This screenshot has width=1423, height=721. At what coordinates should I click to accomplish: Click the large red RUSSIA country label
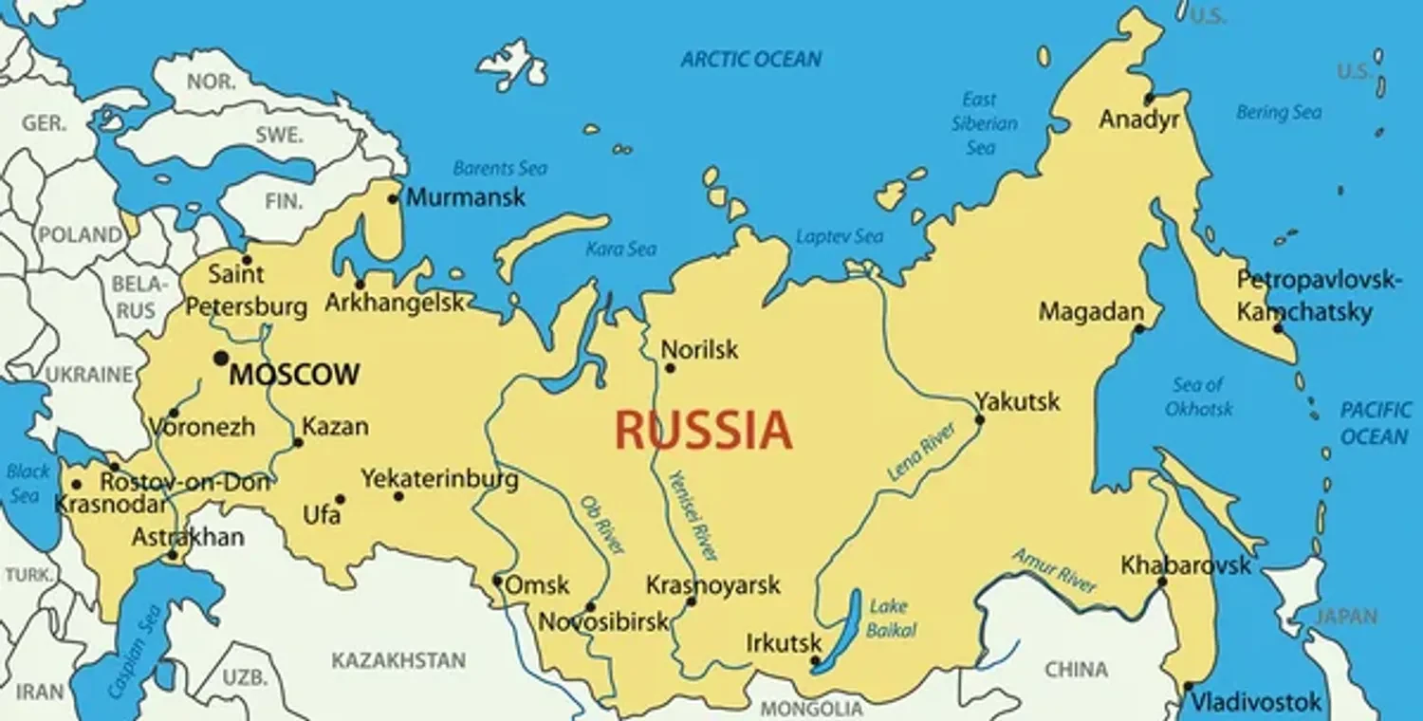[x=703, y=431]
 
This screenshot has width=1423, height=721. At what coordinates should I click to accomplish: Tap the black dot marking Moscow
[x=221, y=358]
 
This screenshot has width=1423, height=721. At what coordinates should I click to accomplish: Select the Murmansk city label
[x=465, y=197]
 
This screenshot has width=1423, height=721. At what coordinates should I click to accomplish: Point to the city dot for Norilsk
[x=670, y=367]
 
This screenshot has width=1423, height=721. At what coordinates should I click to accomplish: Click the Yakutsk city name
[x=1017, y=400]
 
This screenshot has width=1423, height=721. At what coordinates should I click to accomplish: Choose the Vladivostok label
[x=1255, y=703]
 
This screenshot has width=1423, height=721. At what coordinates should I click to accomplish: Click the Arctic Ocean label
[x=751, y=60]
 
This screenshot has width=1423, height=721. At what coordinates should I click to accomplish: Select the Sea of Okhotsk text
[x=1198, y=397]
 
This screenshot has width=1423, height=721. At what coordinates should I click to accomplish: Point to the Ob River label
[x=601, y=525]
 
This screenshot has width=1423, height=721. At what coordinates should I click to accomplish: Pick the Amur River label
[x=1054, y=569]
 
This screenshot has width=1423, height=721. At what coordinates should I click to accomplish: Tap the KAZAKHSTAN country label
[x=398, y=660]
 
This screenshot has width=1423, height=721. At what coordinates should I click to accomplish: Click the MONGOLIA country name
[x=811, y=709]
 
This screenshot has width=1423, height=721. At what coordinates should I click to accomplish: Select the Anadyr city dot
[x=1148, y=99]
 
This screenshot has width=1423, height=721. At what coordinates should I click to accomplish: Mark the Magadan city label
[x=1091, y=311]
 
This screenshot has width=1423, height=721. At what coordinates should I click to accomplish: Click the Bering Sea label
[x=1278, y=113]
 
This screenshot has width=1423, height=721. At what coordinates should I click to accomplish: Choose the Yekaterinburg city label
[x=439, y=479]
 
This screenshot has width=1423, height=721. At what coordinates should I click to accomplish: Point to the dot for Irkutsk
[x=815, y=661]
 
